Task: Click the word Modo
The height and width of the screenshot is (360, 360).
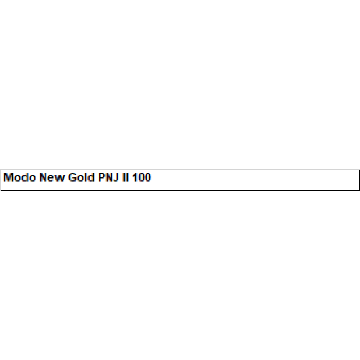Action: (20, 177)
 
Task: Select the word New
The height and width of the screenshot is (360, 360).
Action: (52, 177)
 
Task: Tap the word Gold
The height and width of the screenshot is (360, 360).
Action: (81, 177)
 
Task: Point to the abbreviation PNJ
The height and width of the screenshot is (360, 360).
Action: (108, 177)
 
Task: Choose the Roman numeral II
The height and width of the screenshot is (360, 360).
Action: (126, 177)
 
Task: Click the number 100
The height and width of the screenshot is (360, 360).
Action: (142, 177)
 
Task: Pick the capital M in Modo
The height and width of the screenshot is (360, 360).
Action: (8, 177)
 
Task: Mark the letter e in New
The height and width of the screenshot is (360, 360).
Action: (52, 179)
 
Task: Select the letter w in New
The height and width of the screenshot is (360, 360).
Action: (60, 179)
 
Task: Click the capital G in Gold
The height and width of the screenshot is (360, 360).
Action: (72, 177)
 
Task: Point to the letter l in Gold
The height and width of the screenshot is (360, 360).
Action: (86, 177)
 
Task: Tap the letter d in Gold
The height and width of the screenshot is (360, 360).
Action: (91, 177)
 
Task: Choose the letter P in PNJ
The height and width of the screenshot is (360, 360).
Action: (102, 177)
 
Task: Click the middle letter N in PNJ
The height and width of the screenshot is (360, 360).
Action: (110, 177)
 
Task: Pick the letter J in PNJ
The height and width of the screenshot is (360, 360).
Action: (117, 177)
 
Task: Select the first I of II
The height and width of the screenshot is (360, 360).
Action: (124, 177)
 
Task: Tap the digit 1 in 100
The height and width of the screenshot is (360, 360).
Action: (135, 177)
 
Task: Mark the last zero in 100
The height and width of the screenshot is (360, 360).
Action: (148, 177)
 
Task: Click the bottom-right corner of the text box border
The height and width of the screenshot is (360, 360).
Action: (359, 190)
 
